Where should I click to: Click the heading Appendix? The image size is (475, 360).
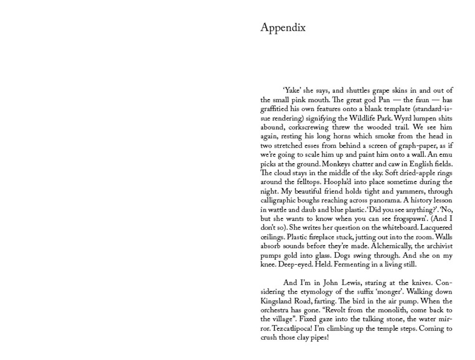click(x=283, y=28)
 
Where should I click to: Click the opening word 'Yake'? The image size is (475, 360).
click(x=293, y=90)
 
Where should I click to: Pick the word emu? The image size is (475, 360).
click(x=446, y=155)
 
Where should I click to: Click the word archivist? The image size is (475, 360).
click(x=437, y=246)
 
